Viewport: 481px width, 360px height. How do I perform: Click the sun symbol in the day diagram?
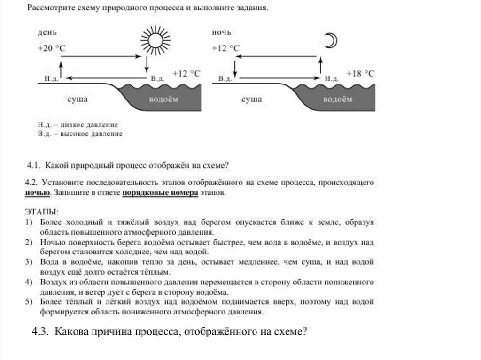tap(155, 39)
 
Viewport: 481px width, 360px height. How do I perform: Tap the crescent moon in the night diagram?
tap(332, 41)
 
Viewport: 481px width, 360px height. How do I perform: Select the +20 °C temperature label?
tap(52, 48)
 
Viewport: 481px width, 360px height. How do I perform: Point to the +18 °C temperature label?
tap(360, 74)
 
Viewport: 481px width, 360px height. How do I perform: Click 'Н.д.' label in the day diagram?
tap(51, 79)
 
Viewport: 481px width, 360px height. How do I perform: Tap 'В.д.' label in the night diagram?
tap(225, 79)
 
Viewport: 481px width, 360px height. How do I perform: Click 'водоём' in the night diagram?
tap(337, 100)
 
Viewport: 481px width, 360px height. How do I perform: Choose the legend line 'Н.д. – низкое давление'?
tap(78, 125)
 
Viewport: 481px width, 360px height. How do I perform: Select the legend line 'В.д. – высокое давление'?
tap(80, 134)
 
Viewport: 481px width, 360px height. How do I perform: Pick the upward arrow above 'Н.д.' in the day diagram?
tap(61, 66)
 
